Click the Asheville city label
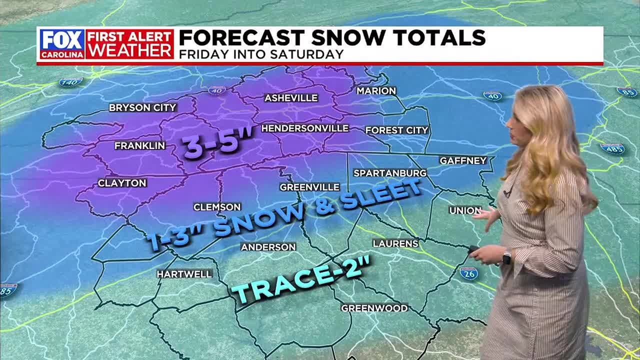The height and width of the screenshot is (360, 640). click(291, 98)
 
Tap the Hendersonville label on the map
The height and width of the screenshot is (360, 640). click(304, 128)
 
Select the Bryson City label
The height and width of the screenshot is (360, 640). click(142, 107)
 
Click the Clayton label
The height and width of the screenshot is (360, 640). click(122, 183)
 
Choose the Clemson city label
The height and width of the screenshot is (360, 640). click(217, 207)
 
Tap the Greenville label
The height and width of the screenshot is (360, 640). click(309, 187)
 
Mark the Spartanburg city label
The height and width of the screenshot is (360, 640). click(390, 173)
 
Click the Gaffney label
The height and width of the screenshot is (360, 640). click(463, 160)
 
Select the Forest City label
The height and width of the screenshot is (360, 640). click(397, 130)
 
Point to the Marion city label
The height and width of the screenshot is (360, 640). click(376, 91)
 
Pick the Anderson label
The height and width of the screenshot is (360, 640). click(268, 247)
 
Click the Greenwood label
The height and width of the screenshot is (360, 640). click(374, 308)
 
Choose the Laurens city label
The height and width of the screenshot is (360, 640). click(395, 243)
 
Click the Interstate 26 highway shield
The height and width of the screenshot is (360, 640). click(468, 273)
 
